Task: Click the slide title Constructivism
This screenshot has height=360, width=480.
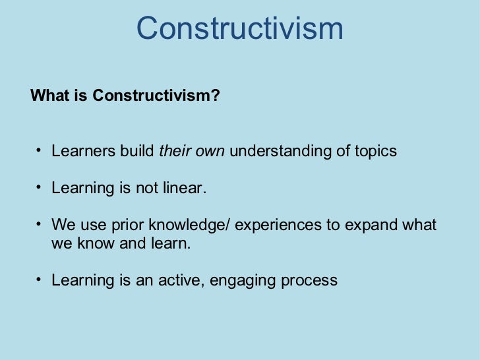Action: [x=240, y=28]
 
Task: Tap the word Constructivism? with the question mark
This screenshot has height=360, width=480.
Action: [x=156, y=96]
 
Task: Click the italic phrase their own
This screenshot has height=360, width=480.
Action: [x=192, y=151]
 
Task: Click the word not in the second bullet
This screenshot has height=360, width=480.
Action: [x=146, y=189]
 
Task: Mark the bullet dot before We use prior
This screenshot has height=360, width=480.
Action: [x=39, y=224]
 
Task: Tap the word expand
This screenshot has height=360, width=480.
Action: [x=370, y=225]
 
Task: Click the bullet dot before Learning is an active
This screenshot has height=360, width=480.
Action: [x=39, y=279]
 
